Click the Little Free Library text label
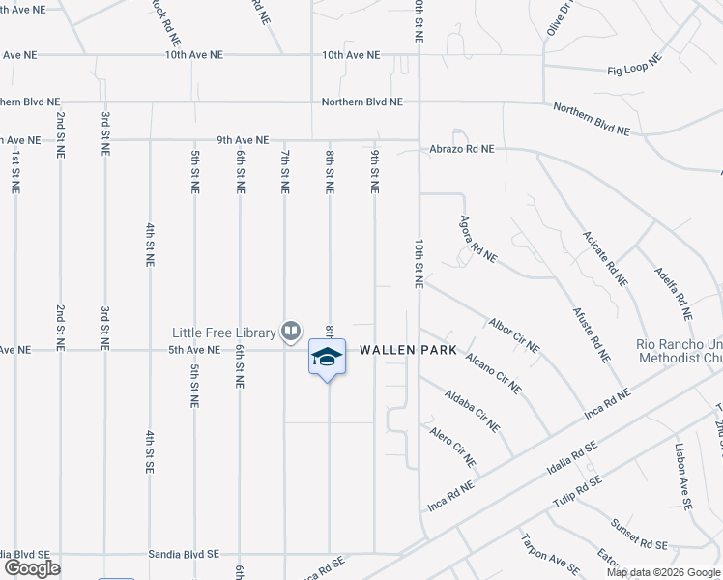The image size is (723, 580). pyautogui.click(x=224, y=333)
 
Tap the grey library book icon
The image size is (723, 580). pyautogui.click(x=290, y=332)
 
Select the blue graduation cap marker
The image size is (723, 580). pyautogui.click(x=327, y=358)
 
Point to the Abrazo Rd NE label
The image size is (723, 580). pyautogui.click(x=462, y=149)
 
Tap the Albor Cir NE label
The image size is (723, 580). pyautogui.click(x=514, y=334)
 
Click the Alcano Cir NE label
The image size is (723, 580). pyautogui.click(x=493, y=372)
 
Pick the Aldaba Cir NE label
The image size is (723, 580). pyautogui.click(x=473, y=410)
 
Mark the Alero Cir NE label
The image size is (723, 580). pyautogui.click(x=453, y=446)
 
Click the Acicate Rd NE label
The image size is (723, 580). pyautogui.click(x=605, y=259)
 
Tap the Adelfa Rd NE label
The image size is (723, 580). pyautogui.click(x=673, y=293)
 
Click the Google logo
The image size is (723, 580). pyautogui.click(x=32, y=568)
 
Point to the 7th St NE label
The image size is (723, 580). pyautogui.click(x=285, y=170)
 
